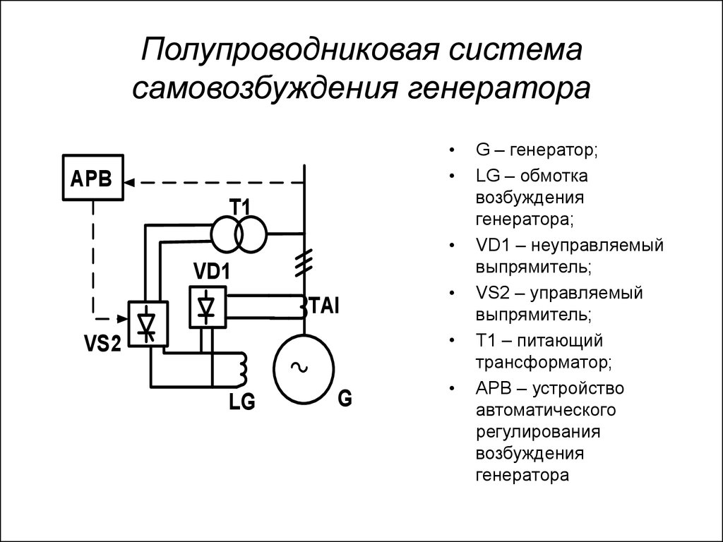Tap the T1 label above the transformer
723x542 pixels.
coord(240,208)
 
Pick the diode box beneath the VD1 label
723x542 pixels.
coord(206,307)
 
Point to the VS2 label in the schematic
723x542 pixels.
coord(103,344)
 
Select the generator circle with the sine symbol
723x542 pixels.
coord(303,367)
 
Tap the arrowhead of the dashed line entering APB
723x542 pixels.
coord(131,182)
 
